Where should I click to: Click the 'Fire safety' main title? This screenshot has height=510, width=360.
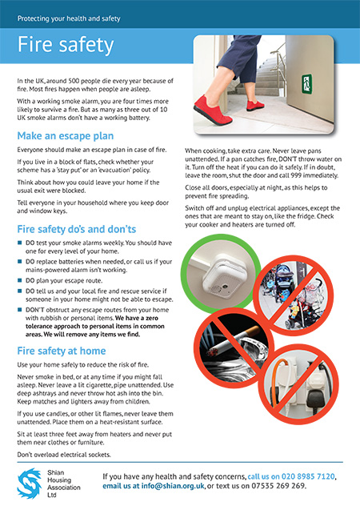tap(66, 45)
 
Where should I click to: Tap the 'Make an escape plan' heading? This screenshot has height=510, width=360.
tap(66, 136)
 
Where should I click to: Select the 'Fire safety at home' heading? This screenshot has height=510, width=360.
tap(62, 351)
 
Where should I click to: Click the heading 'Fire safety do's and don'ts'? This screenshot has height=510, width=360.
tap(76, 229)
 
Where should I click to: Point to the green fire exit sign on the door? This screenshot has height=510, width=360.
tap(306, 84)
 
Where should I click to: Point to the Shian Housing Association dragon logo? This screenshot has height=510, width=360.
tap(30, 484)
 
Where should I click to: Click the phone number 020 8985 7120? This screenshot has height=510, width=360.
tap(308, 476)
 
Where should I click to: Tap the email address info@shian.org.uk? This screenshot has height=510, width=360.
tap(173, 486)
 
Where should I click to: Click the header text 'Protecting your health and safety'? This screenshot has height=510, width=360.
tap(69, 18)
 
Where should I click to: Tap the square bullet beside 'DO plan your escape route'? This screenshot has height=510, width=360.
tap(19, 280)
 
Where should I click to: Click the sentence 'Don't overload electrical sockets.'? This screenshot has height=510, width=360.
tap(64, 455)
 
